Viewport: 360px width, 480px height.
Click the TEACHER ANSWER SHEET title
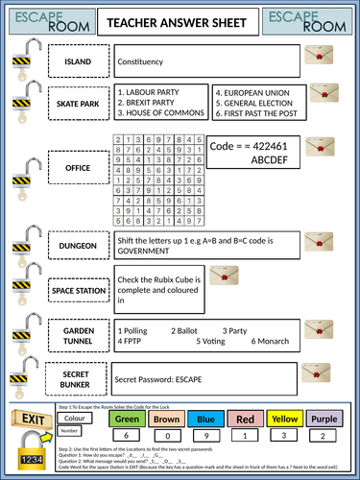[x=180, y=22]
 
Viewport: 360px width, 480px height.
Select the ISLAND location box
[x=78, y=62]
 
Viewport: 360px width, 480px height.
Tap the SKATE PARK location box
[x=78, y=100]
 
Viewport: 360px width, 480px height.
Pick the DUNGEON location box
[x=78, y=246]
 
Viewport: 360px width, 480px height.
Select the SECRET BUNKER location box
[x=78, y=377]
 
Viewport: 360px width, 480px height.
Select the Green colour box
[x=129, y=419]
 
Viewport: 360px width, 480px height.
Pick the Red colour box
[x=245, y=419]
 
